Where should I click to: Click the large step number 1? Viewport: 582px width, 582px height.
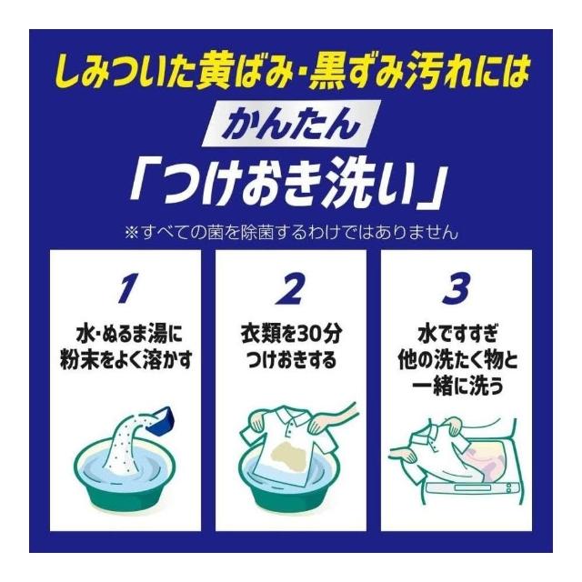(x=127, y=288)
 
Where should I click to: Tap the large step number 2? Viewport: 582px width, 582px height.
(x=291, y=288)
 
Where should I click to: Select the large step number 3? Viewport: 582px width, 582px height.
(x=457, y=288)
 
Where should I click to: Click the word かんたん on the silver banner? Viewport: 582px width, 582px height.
(x=292, y=125)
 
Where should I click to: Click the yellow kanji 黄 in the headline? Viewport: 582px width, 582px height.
(x=215, y=73)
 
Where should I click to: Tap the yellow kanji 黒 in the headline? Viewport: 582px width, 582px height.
(x=327, y=73)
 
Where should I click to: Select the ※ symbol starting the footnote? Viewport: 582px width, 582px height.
(x=132, y=233)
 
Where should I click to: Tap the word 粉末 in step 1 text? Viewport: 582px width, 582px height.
(x=76, y=360)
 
